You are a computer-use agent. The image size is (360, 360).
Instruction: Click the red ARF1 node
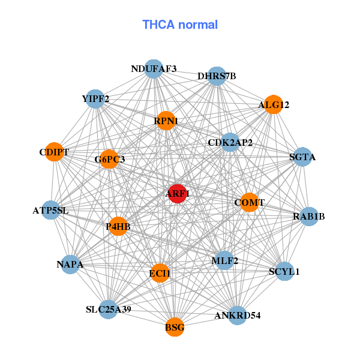[177, 194]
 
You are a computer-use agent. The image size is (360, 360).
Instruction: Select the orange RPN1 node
[165, 121]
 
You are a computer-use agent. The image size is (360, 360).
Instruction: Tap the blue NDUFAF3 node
[154, 69]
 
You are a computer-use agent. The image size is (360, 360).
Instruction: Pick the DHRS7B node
[216, 76]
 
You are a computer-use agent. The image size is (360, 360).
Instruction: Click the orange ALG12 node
[273, 105]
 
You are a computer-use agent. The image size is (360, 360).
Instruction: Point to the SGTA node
[302, 157]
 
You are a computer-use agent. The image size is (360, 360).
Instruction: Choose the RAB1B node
[308, 216]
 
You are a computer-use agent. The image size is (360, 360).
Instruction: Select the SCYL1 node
[284, 271]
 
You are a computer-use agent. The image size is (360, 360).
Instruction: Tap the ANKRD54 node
[238, 315]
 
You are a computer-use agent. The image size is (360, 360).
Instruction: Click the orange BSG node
[175, 328]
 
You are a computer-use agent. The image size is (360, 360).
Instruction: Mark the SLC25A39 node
[109, 310]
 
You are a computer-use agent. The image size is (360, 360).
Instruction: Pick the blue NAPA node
[71, 264]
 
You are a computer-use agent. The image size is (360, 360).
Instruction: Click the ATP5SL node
[51, 211]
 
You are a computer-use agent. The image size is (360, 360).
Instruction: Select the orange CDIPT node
[54, 152]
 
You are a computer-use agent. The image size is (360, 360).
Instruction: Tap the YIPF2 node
[95, 98]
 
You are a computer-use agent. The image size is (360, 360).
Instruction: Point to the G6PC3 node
[109, 159]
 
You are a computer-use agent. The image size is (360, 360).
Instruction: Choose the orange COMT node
[249, 203]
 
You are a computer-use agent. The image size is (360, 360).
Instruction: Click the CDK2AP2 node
[230, 143]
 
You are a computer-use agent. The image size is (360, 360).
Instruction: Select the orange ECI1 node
[160, 273]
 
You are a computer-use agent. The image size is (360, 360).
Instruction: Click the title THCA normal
[180, 25]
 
